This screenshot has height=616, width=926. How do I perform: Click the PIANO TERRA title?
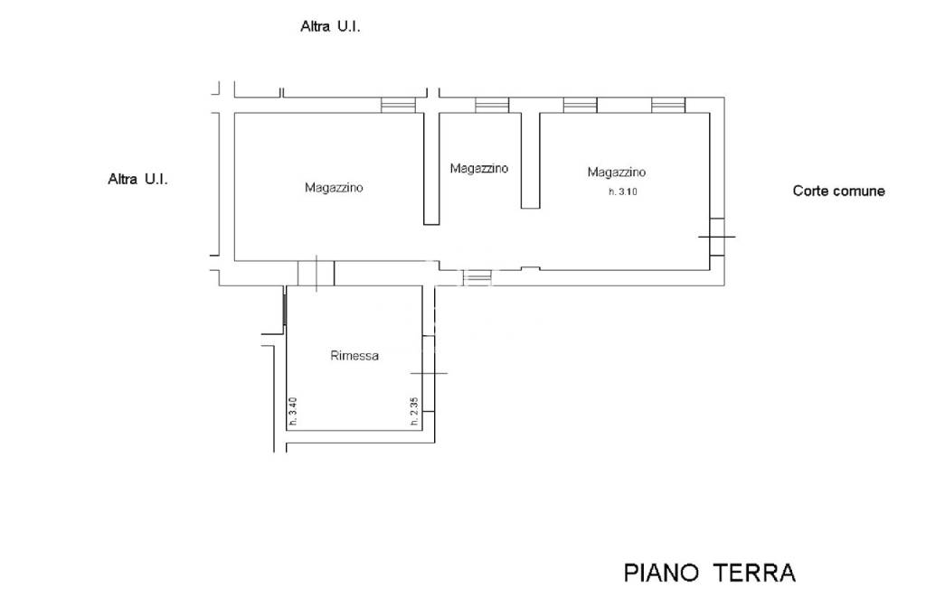click(x=710, y=573)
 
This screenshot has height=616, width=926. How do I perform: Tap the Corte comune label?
click(x=838, y=191)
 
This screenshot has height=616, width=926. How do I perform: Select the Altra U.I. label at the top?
click(x=330, y=26)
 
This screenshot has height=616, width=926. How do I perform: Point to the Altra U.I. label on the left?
click(x=137, y=180)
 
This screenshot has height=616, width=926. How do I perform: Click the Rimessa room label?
click(x=354, y=356)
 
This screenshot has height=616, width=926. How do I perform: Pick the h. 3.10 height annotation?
click(x=623, y=191)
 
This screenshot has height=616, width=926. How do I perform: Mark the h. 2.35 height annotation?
click(x=414, y=411)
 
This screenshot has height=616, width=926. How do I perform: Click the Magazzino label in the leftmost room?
click(x=334, y=188)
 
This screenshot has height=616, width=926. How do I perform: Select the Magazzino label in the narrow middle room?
click(x=479, y=168)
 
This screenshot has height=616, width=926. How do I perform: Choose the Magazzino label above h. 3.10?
click(x=617, y=173)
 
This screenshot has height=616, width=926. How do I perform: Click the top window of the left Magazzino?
click(x=398, y=105)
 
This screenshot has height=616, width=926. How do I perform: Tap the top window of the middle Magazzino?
click(x=492, y=105)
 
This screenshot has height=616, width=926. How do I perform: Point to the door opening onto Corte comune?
click(x=717, y=237)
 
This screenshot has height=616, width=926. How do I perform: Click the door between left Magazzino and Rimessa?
click(x=316, y=273)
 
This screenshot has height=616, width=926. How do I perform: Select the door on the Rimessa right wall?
click(x=429, y=374)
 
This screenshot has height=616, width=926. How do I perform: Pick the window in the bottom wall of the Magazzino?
click(x=477, y=277)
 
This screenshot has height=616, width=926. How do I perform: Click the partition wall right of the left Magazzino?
click(x=431, y=168)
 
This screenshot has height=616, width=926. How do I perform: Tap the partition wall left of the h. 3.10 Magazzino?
click(x=530, y=160)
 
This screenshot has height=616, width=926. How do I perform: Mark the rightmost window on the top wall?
click(x=668, y=105)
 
